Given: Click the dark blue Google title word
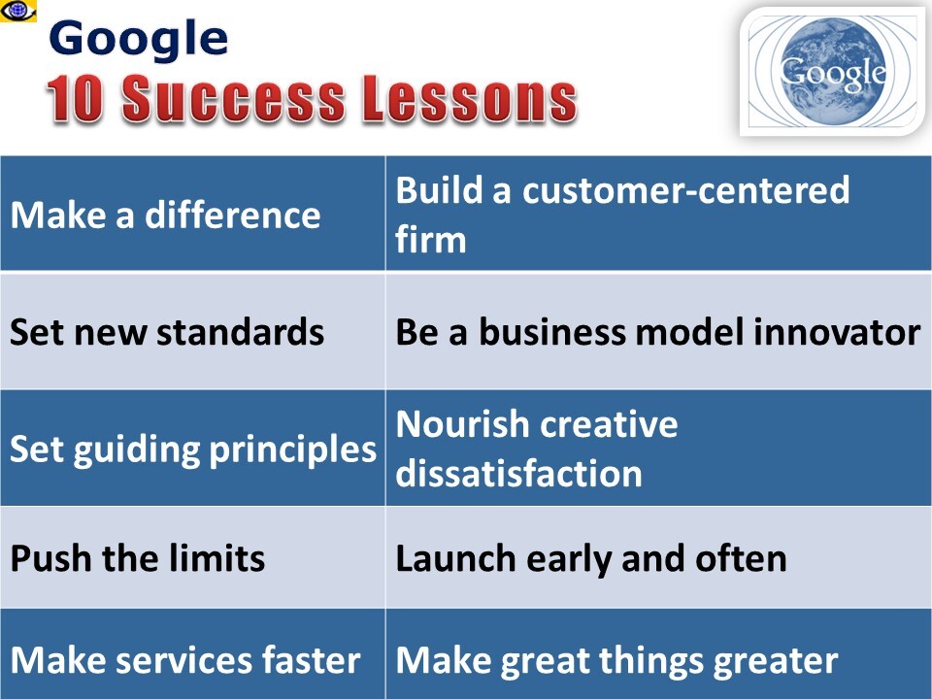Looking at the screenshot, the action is [139, 39].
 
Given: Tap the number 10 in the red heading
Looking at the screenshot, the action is [75, 99].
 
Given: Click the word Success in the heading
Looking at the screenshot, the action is [234, 99].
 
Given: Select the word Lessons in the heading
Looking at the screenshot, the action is [470, 99].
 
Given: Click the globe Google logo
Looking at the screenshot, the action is [833, 72].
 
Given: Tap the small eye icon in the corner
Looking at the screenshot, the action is [17, 11].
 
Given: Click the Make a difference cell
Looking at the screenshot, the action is [192, 214].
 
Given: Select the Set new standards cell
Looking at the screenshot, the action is [192, 330].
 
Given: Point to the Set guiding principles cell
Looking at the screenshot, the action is [192, 448].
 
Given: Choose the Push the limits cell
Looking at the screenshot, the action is [192, 557].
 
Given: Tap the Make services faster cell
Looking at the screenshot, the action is [192, 653].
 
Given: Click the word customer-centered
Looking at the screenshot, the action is [686, 190].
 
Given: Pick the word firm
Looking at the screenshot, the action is [430, 239].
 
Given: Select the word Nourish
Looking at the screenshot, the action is [462, 424].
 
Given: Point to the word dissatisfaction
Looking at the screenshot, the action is [518, 473].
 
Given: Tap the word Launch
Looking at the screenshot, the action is [455, 559].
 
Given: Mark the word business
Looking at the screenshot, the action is [552, 331].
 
